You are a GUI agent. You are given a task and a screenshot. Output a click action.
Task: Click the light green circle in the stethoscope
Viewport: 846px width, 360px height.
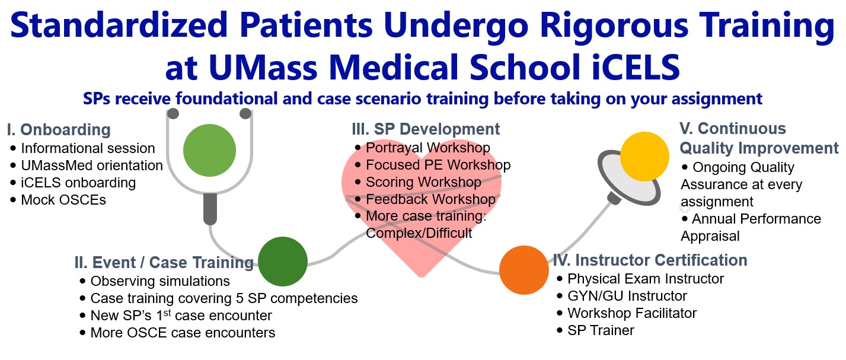(x=210, y=150)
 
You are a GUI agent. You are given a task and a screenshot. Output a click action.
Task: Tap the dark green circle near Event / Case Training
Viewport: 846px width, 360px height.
(x=283, y=261)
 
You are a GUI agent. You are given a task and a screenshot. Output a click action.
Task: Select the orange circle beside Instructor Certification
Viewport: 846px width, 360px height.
(x=524, y=270)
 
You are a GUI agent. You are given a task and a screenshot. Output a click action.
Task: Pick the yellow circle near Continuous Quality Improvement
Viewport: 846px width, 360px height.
(x=644, y=157)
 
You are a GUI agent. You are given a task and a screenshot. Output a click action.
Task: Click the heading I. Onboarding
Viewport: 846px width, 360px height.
(x=59, y=130)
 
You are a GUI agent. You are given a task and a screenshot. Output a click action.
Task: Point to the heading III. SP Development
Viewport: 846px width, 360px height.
(x=426, y=129)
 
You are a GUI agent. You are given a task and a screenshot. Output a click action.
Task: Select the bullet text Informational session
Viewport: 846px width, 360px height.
(x=88, y=148)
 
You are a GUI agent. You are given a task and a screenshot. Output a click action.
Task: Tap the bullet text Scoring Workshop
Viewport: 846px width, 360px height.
(x=423, y=182)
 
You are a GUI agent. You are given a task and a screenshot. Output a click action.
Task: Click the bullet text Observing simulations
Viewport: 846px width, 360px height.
(x=160, y=281)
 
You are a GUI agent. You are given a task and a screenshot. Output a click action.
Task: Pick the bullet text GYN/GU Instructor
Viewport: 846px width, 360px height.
(x=627, y=295)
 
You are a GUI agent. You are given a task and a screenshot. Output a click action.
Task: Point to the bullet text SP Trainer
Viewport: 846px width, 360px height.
(x=601, y=330)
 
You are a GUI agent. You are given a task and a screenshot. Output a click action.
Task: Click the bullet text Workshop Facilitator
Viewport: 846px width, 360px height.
(x=632, y=313)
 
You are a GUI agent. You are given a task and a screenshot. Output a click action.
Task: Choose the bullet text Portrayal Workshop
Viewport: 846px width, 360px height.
(x=428, y=148)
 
